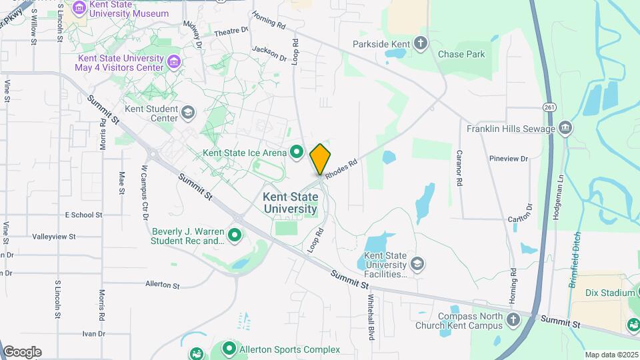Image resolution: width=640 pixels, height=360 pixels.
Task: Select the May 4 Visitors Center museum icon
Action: (x=174, y=62)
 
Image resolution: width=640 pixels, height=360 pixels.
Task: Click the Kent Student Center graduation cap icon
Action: (x=189, y=113)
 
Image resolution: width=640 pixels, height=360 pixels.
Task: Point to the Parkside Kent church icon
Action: (x=420, y=43)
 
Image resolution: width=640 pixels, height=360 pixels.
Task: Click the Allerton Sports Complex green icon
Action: (x=229, y=349)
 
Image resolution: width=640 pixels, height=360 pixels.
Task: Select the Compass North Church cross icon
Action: (x=513, y=320)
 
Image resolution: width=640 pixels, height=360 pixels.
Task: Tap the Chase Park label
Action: (x=461, y=54)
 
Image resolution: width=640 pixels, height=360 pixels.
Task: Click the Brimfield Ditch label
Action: (x=574, y=259)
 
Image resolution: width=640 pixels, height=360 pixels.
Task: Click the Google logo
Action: (x=22, y=351)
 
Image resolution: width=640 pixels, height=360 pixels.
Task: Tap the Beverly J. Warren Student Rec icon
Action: (x=234, y=235)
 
